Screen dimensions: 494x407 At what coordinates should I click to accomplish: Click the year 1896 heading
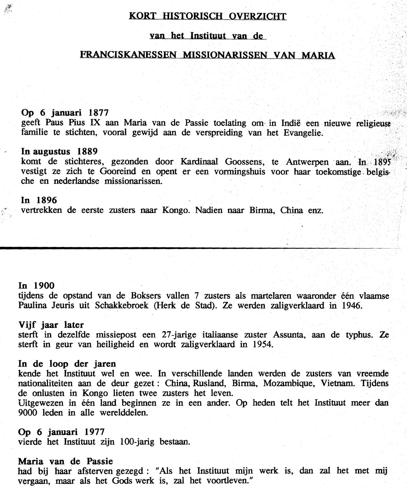[x=47, y=200]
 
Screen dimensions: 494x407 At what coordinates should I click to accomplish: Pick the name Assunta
[x=287, y=335]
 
